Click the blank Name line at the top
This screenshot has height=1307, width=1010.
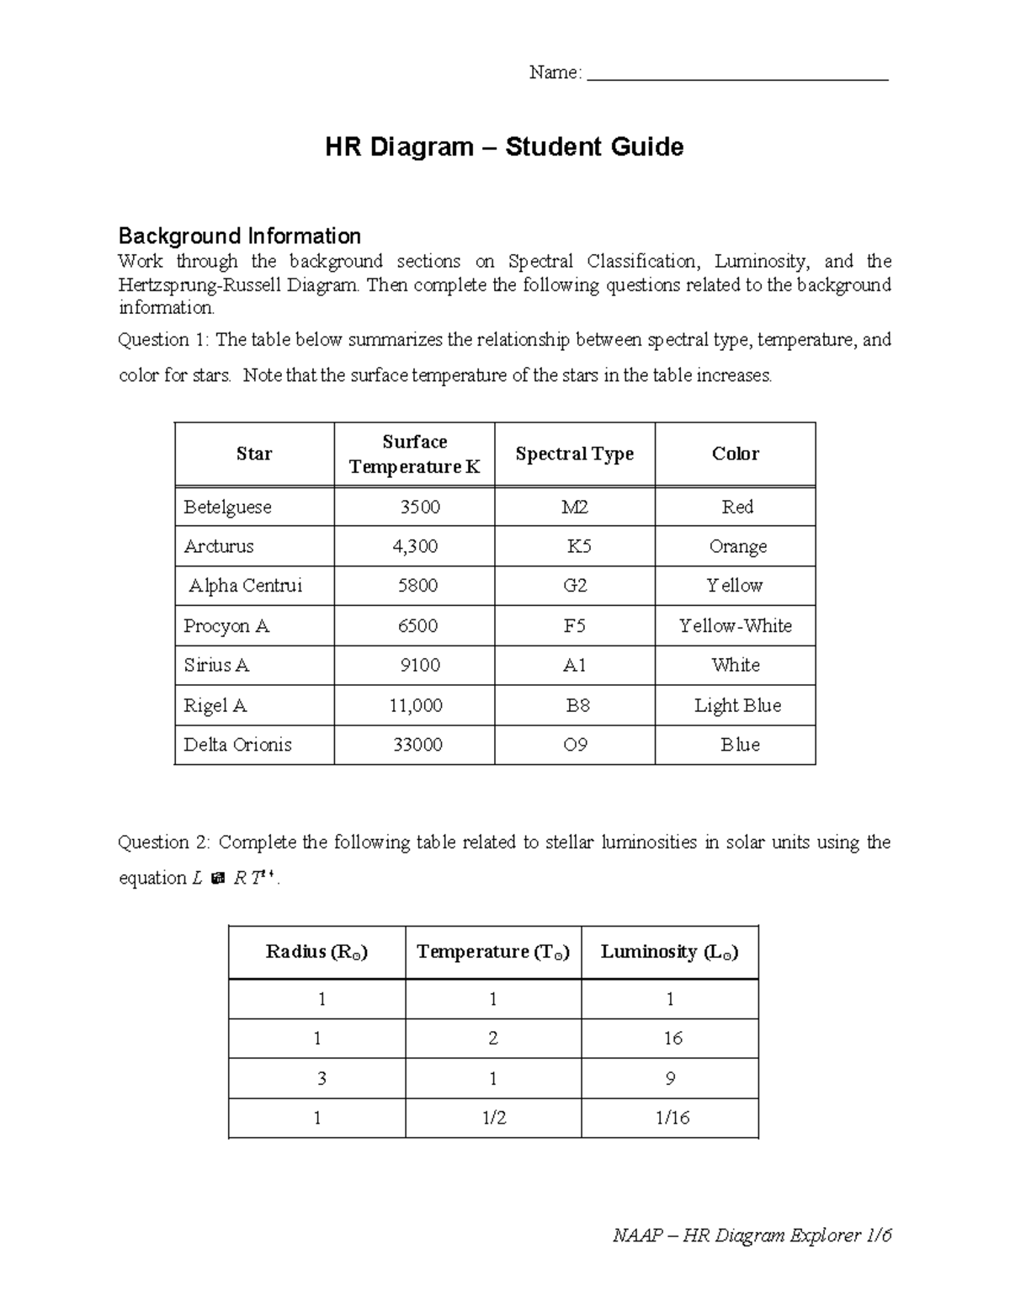[737, 77]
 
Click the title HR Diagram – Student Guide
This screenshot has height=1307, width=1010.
[504, 147]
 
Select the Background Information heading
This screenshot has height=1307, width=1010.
[239, 236]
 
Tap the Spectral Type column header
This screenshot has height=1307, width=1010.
[574, 454]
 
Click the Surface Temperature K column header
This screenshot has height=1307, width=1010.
[414, 454]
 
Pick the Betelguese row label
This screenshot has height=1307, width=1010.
[227, 507]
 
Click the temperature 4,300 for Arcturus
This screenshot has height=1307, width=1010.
[415, 546]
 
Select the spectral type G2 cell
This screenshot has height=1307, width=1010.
[575, 586]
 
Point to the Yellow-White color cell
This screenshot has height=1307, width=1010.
[736, 626]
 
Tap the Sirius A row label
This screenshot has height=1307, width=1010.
[216, 666]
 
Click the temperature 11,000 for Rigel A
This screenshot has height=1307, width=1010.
[415, 705]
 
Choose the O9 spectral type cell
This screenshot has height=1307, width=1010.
[575, 745]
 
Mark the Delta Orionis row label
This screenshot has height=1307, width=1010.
[237, 745]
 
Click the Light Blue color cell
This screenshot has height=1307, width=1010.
[737, 705]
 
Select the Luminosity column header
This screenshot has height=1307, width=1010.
[669, 952]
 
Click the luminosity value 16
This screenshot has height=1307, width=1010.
[672, 1039]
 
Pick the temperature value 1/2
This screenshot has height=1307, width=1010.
[494, 1118]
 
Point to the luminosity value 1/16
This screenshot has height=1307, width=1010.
[672, 1118]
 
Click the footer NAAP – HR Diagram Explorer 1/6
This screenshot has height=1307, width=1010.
[752, 1235]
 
